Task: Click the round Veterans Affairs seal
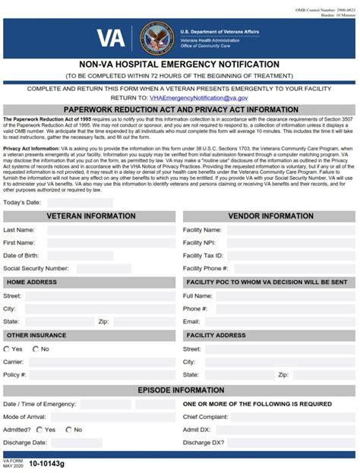tap(156, 39)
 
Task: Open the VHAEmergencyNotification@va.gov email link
tap(198, 98)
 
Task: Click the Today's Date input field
tap(80, 203)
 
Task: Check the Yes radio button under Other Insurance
tap(8, 348)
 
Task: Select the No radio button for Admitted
tap(68, 429)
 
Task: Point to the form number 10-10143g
tap(47, 462)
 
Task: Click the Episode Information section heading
tap(180, 390)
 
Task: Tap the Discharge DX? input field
tap(292, 443)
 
